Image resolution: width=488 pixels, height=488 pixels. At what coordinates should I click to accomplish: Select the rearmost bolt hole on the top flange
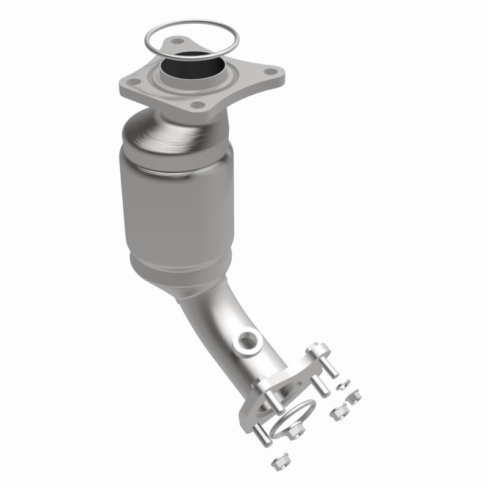[x=178, y=41]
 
